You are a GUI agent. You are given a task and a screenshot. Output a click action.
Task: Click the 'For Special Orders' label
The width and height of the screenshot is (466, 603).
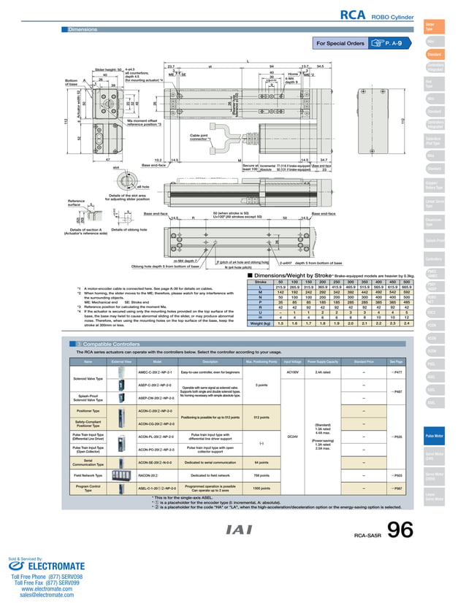click(340, 44)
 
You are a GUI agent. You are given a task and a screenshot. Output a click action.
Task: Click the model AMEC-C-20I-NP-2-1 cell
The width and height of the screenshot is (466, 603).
click(154, 372)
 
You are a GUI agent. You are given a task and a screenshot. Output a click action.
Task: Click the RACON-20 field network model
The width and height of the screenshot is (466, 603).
click(149, 475)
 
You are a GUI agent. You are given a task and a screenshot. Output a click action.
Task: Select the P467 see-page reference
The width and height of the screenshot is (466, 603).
click(397, 372)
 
